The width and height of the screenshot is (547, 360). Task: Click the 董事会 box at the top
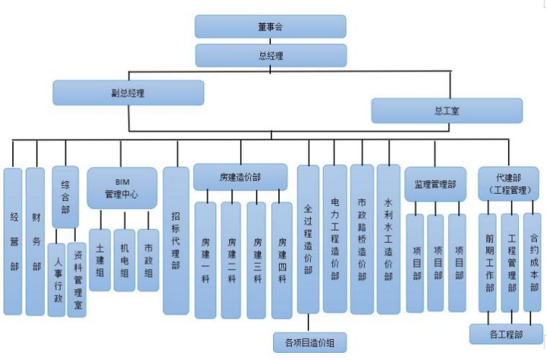tap(270, 26)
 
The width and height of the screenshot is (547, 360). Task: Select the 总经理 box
tap(270, 56)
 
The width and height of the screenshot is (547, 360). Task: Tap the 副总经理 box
tap(128, 93)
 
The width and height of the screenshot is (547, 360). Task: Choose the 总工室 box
tap(447, 111)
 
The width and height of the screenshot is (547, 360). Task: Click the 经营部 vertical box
tap(13, 241)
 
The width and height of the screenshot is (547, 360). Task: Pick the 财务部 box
tap(35, 241)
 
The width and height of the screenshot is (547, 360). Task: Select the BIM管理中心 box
tap(121, 188)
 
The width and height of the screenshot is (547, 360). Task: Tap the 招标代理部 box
tap(176, 241)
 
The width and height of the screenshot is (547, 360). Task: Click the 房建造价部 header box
tap(240, 177)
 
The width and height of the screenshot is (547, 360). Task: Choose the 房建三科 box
tap(257, 260)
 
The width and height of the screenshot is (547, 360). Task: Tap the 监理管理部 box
tap(435, 184)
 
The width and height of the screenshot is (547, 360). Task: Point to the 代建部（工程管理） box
tap(509, 184)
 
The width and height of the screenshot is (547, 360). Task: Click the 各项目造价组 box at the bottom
tap(309, 342)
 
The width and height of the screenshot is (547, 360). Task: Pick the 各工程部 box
tap(506, 335)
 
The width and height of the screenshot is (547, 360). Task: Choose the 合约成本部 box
tap(533, 262)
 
